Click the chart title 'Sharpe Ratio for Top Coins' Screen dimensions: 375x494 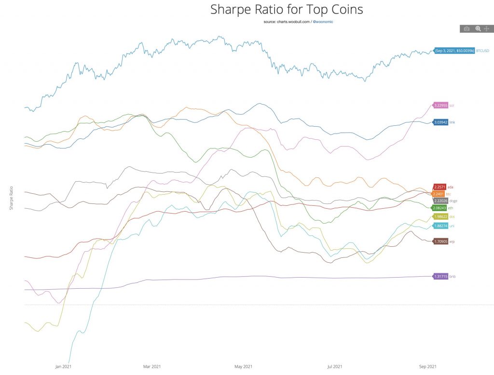(287, 9)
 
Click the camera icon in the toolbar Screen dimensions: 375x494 (467, 29)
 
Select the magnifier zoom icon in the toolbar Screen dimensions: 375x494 (478, 29)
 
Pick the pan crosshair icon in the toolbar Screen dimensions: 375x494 (487, 29)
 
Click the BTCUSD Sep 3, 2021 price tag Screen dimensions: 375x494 (454, 50)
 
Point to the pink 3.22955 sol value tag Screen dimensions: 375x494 (441, 105)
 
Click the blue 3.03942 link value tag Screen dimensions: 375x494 (441, 122)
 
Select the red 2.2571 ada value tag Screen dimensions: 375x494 (439, 187)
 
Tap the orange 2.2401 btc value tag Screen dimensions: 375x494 (439, 194)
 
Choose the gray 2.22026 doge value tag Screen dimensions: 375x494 (440, 201)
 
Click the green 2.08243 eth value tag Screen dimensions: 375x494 (440, 208)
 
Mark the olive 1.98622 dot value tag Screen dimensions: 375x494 (440, 217)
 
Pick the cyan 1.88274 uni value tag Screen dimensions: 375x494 (440, 226)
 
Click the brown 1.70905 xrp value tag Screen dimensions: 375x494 (440, 241)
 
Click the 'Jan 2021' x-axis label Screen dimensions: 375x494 (64, 367)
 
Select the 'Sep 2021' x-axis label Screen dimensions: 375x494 (428, 367)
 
